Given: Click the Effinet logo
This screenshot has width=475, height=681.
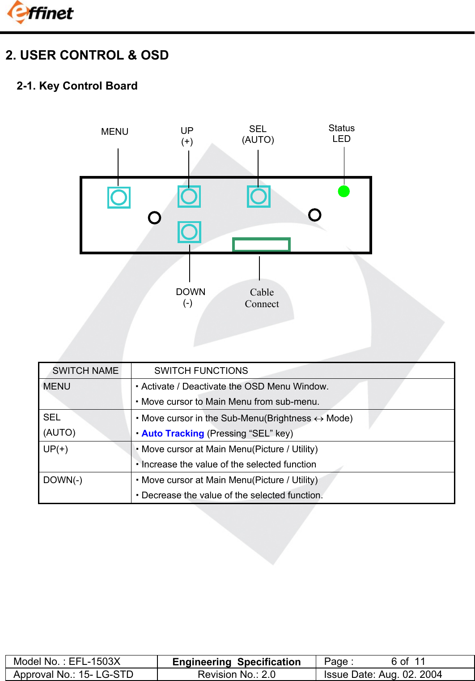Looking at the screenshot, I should coord(40,12).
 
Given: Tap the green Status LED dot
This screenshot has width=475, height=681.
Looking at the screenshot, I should coord(344,191).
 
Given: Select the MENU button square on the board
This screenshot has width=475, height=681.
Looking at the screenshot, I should coord(119,197).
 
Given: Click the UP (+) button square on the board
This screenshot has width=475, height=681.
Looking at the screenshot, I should coord(189,197).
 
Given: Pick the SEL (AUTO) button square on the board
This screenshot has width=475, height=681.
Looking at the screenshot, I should coord(259,197).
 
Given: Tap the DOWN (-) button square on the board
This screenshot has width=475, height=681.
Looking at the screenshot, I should coord(189,232).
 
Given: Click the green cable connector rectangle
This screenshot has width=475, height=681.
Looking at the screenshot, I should coord(261,244).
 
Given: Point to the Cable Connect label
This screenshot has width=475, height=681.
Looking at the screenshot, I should coord(262,298).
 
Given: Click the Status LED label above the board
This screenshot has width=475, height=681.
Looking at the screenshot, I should coord(341,133).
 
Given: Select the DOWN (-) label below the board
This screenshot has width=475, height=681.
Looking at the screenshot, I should coord(190,297).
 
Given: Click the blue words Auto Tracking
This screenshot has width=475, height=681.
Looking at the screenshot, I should coord(173,433).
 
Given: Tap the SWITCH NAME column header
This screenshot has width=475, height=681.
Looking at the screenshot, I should coord(85,371).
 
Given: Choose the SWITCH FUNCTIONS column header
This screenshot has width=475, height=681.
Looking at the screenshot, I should coord(201,371).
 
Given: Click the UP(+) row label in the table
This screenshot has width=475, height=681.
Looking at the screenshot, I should coord(55,449).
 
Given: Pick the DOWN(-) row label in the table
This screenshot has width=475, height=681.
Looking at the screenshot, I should coord(63,480).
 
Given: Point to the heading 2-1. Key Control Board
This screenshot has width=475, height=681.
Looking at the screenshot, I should coord(77,86).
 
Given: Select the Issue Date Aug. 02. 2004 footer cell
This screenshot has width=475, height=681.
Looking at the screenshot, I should coord(383,674).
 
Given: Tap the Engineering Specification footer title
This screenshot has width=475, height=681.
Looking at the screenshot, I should coord(236,662).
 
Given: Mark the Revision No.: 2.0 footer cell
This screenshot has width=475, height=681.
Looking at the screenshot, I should coord(236,674).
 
